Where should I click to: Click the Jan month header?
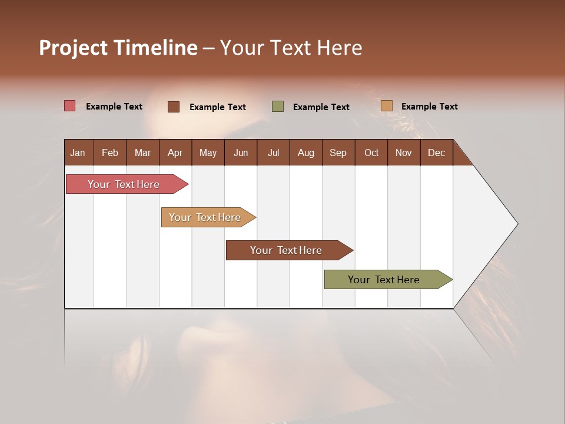(x=78, y=153)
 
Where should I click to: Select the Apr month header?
(x=175, y=153)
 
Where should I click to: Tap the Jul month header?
(x=273, y=153)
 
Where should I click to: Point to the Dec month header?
(x=436, y=153)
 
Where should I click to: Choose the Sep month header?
(x=338, y=153)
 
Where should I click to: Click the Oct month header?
(x=371, y=153)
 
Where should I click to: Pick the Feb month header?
(x=110, y=153)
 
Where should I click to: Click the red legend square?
(x=70, y=106)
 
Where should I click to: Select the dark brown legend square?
(x=174, y=107)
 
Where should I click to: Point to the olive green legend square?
(x=278, y=107)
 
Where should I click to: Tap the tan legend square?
(x=387, y=106)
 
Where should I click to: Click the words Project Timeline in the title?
(x=118, y=48)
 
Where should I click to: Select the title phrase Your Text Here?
(x=291, y=48)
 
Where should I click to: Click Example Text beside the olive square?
(x=321, y=107)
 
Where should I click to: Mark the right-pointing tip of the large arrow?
(x=516, y=224)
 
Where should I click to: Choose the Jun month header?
(x=240, y=153)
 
